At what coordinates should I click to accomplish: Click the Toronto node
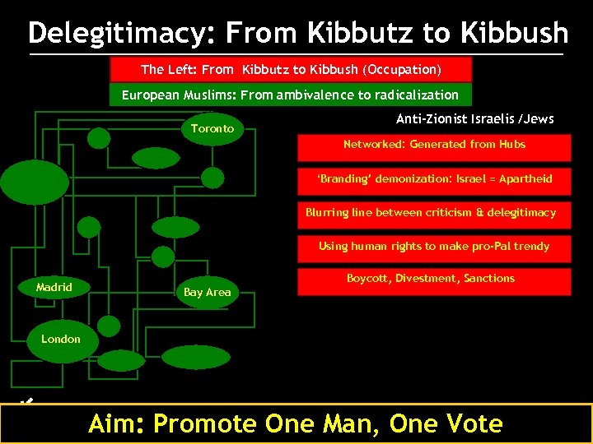click(x=212, y=128)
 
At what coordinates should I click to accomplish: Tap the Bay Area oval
click(x=207, y=292)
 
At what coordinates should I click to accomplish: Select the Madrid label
click(x=54, y=287)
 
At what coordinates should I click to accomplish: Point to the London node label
click(x=61, y=339)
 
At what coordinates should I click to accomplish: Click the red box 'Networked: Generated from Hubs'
click(x=434, y=146)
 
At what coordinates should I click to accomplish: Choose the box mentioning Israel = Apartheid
click(x=434, y=179)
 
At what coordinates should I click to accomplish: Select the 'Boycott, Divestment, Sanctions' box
click(x=430, y=280)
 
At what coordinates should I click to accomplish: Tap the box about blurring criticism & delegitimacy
click(x=431, y=213)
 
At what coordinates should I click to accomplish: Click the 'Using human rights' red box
click(x=434, y=247)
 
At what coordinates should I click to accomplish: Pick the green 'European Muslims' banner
click(x=290, y=95)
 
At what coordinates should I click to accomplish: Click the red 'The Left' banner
click(x=291, y=69)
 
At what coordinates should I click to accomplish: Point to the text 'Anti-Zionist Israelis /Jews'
click(x=475, y=119)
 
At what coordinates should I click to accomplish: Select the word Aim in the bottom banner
click(x=115, y=423)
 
